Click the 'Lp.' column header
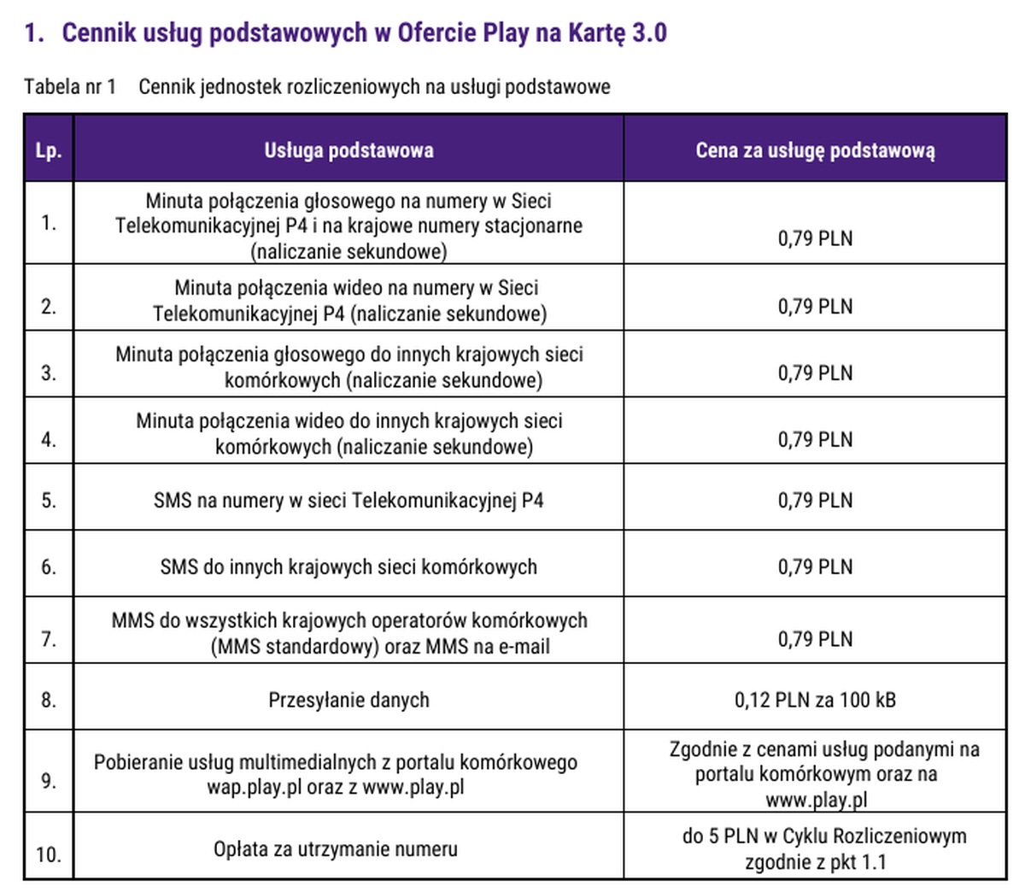tap(48, 151)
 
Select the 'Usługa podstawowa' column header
tap(348, 150)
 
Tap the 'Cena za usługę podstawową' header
tap(815, 150)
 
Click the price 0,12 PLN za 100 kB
tap(815, 700)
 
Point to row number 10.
tap(48, 853)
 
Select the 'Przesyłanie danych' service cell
tap(348, 700)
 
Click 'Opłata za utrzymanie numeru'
tap(335, 849)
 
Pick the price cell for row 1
tap(815, 238)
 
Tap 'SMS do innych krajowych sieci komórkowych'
tap(348, 566)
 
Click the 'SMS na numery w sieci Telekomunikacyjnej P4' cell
tap(348, 500)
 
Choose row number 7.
tap(48, 639)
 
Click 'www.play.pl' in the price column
tap(816, 800)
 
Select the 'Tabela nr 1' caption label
tap(70, 86)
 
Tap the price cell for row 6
tap(815, 566)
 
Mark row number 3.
tap(48, 373)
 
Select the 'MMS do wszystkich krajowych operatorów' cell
tap(348, 633)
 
